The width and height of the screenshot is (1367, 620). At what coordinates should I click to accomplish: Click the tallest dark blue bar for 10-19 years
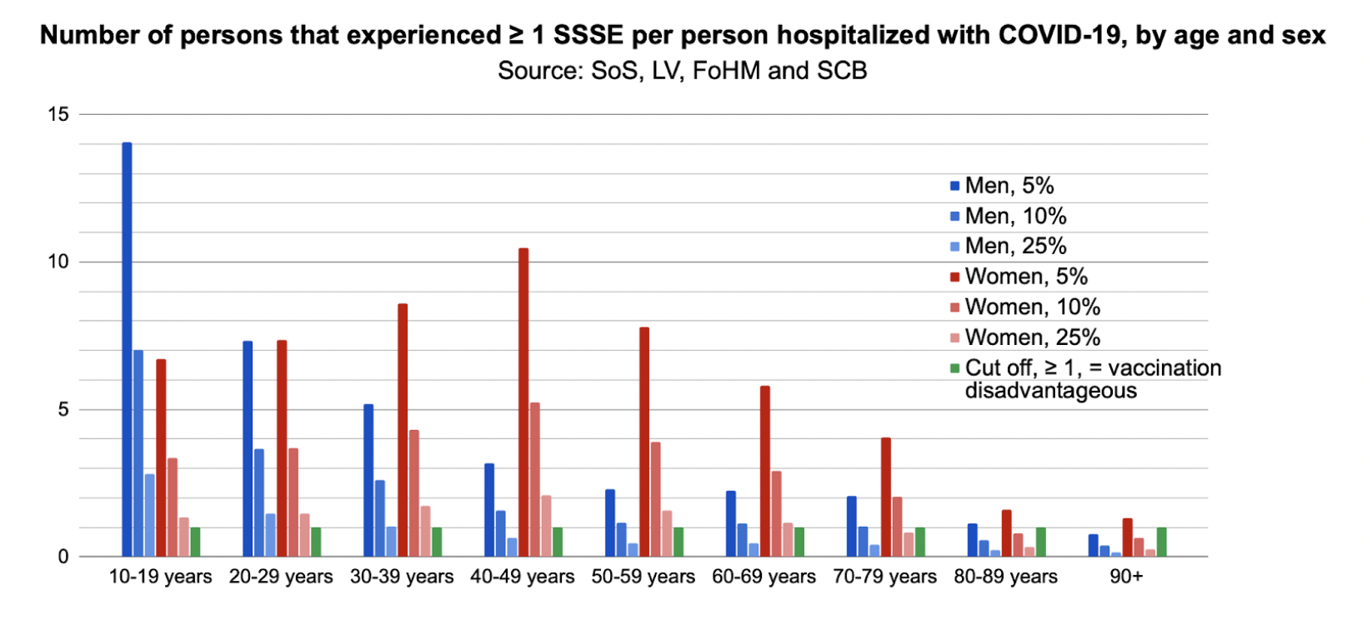(127, 350)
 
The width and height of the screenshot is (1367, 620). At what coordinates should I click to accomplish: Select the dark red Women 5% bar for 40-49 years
(523, 402)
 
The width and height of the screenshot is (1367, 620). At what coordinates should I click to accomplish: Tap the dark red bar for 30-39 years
(403, 430)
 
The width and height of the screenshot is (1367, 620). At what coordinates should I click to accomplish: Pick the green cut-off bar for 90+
(1161, 542)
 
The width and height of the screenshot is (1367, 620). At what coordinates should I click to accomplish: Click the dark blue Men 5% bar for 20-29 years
(248, 449)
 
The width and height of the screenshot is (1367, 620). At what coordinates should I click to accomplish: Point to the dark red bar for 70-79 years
(885, 497)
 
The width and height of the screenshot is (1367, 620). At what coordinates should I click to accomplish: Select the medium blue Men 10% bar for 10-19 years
(138, 453)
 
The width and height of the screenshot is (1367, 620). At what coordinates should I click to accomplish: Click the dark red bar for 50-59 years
(644, 442)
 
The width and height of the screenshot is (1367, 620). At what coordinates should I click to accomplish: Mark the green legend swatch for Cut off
(955, 368)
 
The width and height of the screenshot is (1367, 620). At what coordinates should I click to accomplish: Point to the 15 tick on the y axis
(58, 114)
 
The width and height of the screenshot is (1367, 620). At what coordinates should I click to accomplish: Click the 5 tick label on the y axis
(63, 410)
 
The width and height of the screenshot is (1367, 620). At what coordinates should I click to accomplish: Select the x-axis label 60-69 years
(764, 577)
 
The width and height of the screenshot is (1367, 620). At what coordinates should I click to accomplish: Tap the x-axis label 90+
(1126, 577)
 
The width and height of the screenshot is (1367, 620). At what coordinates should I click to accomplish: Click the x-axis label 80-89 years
(1005, 577)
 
